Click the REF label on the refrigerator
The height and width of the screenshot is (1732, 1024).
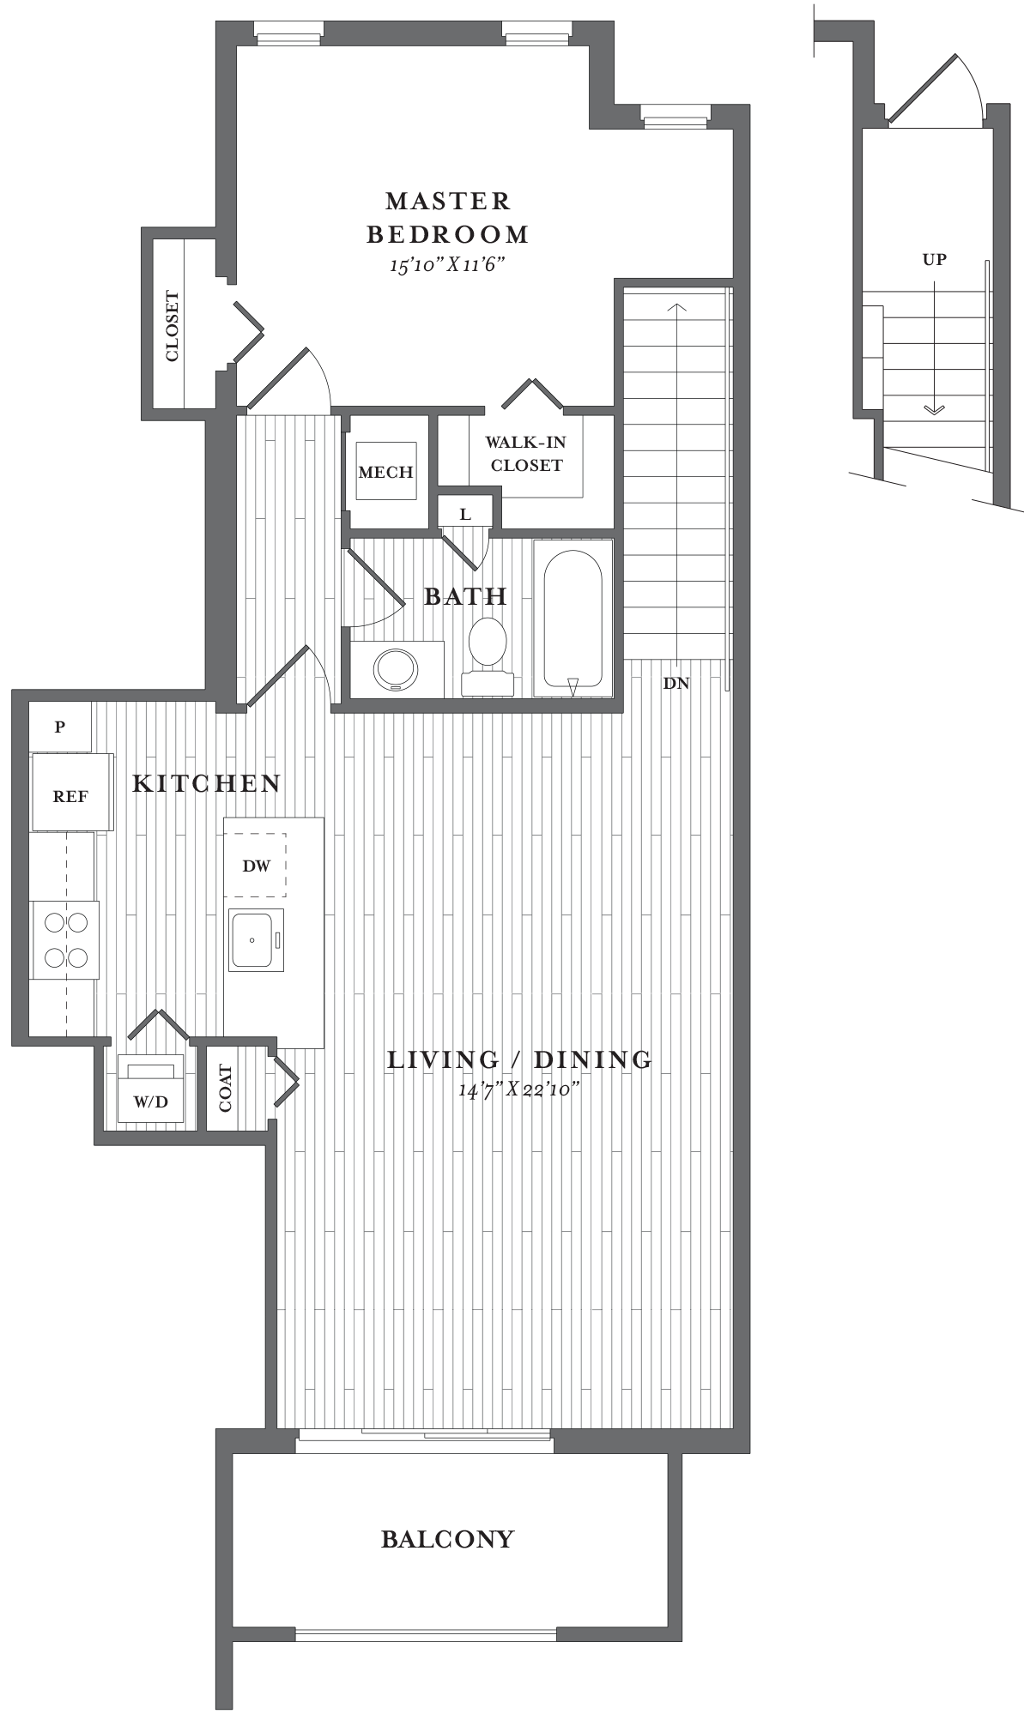[70, 796]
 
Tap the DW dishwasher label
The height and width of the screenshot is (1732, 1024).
[256, 866]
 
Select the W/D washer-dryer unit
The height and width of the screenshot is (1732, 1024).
[151, 1089]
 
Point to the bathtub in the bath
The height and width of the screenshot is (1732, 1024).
[573, 619]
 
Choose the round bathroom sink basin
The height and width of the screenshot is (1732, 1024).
[396, 669]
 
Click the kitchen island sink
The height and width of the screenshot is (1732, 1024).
[256, 940]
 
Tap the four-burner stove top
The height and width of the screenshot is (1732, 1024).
[65, 940]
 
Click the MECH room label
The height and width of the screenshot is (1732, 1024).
[386, 473]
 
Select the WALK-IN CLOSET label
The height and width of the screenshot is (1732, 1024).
[526, 454]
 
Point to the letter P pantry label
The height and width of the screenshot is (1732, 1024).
[60, 727]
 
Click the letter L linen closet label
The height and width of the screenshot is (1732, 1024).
[465, 515]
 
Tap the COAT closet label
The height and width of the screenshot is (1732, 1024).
[225, 1088]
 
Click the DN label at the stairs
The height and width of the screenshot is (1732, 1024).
[676, 684]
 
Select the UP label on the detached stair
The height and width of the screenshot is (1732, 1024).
[935, 259]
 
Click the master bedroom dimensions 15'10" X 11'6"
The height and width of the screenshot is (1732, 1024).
[446, 264]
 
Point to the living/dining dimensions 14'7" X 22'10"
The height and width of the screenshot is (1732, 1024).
[519, 1090]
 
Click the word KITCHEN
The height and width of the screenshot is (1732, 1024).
[207, 783]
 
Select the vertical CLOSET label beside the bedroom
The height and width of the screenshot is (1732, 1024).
[173, 326]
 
